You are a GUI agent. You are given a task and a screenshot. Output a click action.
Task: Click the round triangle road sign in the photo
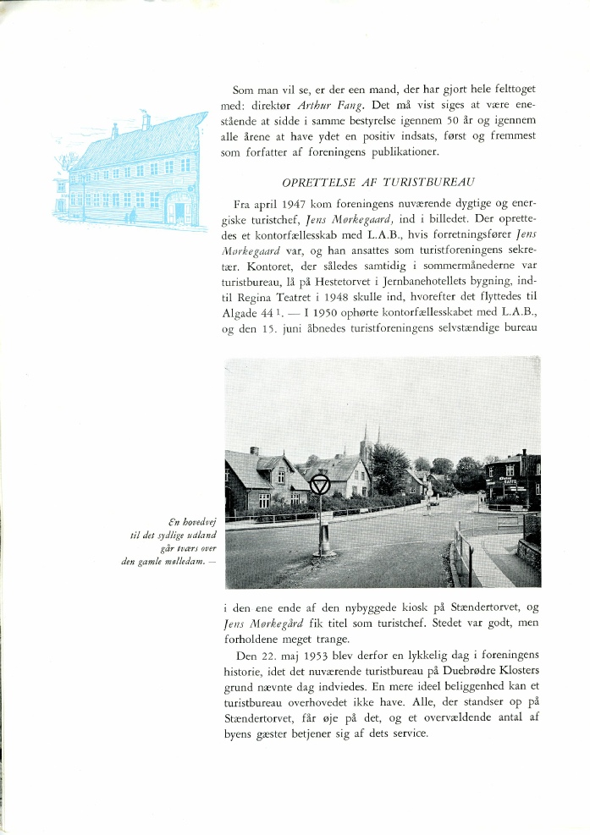pyautogui.click(x=319, y=484)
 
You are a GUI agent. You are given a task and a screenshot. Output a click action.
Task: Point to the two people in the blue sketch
pyautogui.click(x=131, y=216)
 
